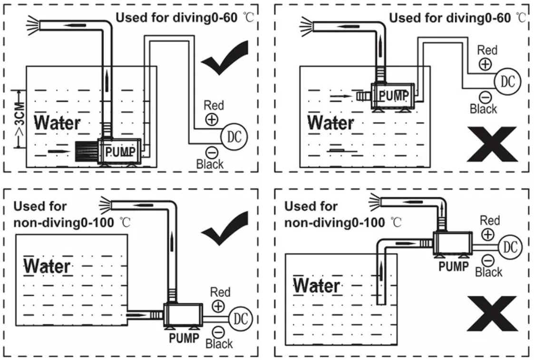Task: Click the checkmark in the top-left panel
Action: (223, 59)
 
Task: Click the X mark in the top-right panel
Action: (491, 144)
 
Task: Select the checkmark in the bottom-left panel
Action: (223, 228)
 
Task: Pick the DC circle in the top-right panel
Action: (508, 81)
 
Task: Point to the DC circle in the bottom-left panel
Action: (241, 318)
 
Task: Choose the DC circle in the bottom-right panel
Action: (510, 247)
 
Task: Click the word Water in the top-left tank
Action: (57, 123)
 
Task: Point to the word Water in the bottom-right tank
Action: (316, 286)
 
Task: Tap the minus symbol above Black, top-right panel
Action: (485, 97)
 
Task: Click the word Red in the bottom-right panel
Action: (490, 220)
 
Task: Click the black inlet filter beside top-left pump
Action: (86, 152)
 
